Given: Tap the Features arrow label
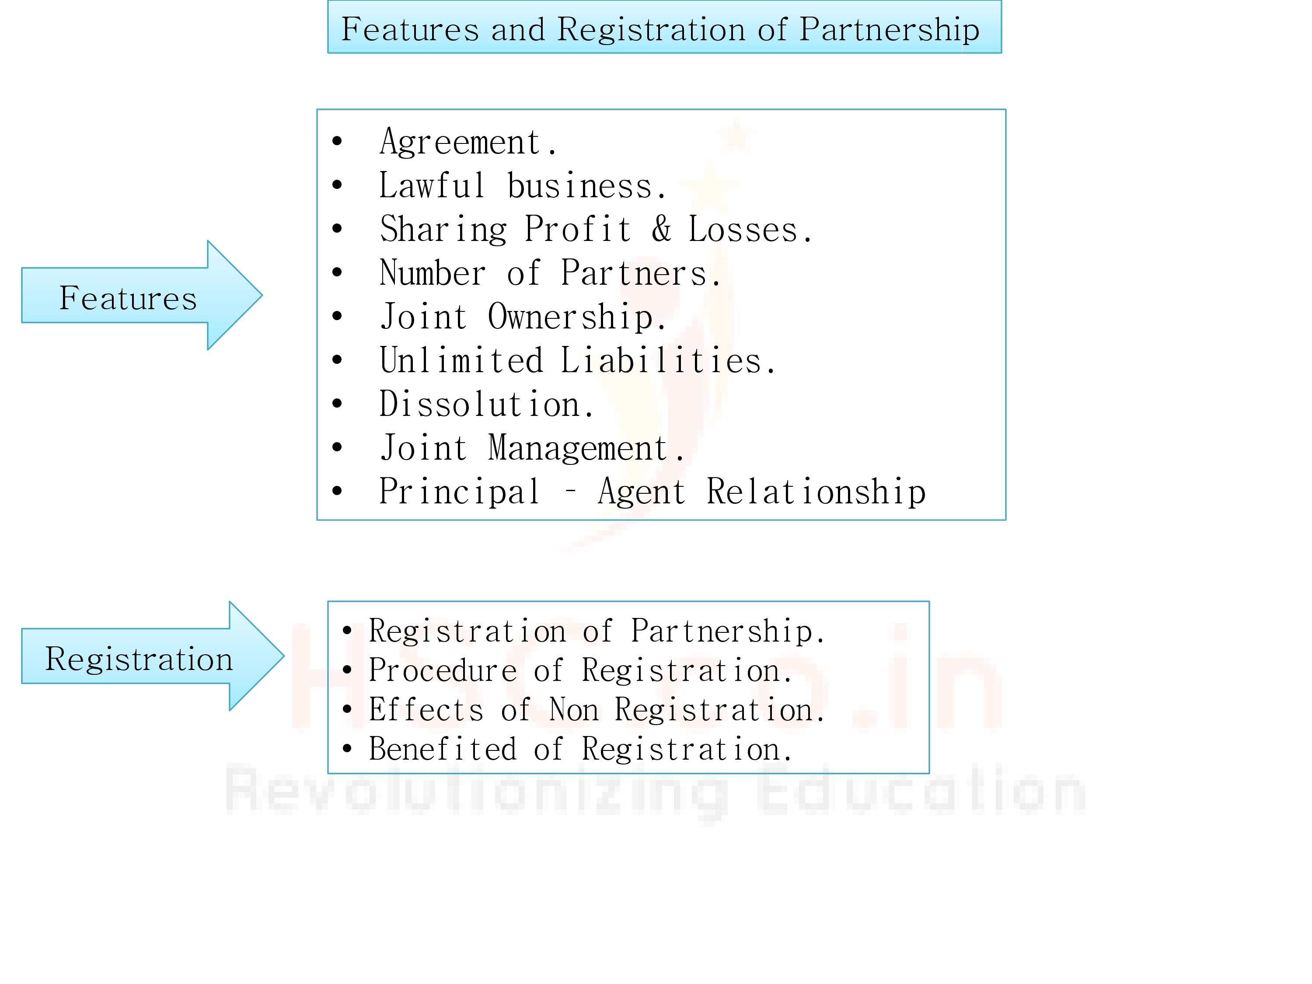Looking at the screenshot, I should [128, 298].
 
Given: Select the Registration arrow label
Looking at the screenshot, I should [139, 659].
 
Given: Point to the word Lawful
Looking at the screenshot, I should [432, 186].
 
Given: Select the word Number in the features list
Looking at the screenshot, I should [433, 273].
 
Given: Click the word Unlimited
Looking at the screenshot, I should [461, 361].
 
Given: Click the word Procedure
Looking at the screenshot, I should [443, 671].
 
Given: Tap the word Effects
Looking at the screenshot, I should [426, 710].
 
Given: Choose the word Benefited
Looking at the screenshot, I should [443, 749].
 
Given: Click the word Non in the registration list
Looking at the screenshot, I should [573, 710].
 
